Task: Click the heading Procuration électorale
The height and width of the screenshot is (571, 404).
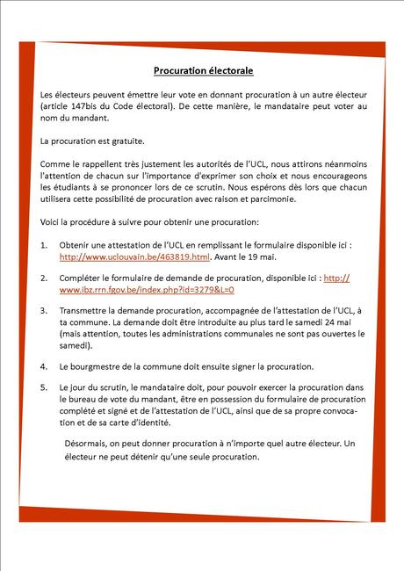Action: (203, 69)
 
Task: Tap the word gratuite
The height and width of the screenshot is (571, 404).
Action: (124, 141)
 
